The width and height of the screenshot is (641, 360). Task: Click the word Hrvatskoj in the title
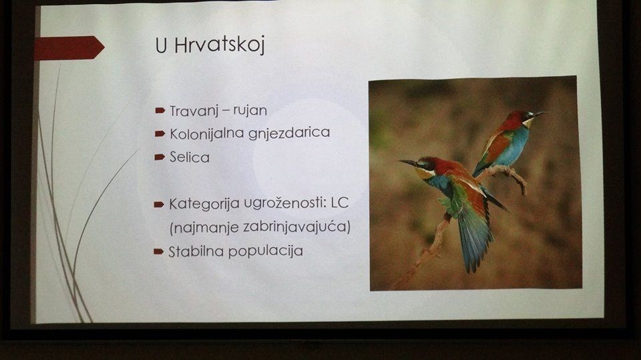(220, 45)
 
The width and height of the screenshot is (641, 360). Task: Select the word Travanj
(194, 111)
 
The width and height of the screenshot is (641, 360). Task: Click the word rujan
(250, 110)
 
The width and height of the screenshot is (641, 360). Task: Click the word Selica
(190, 157)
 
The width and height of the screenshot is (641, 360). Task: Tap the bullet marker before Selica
(160, 157)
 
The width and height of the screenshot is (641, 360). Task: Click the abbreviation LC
(340, 202)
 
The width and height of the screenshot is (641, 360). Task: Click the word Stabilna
(196, 251)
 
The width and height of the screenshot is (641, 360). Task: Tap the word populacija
(266, 251)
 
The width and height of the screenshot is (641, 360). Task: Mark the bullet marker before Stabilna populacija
(159, 251)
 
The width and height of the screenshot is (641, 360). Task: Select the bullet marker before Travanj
(160, 110)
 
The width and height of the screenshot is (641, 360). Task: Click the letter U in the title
(161, 45)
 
